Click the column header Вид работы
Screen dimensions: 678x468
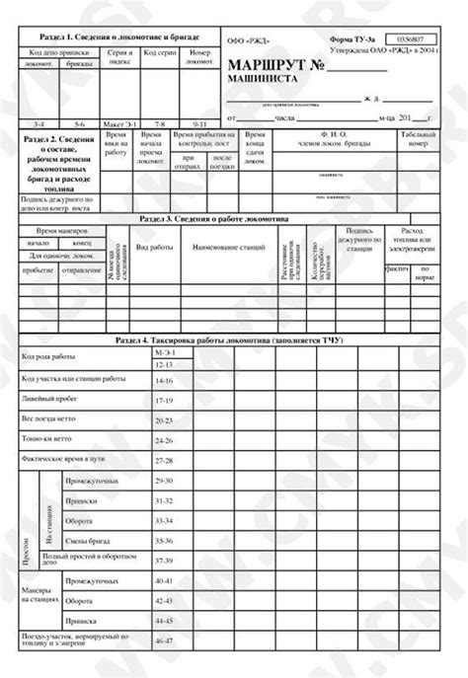pyautogui.click(x=154, y=247)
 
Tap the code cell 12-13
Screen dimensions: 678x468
pyautogui.click(x=164, y=365)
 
